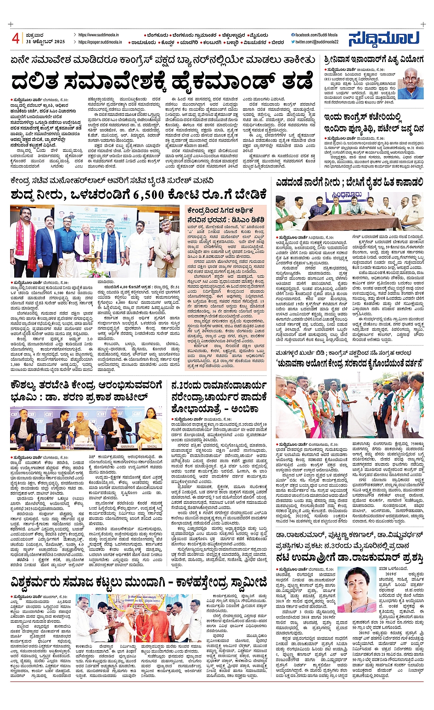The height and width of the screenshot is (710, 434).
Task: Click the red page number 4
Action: [16, 38]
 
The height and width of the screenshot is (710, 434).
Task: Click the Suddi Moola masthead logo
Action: [383, 39]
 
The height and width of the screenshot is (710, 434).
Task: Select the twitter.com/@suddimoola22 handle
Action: [317, 42]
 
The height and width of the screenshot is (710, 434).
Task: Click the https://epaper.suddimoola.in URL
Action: [100, 42]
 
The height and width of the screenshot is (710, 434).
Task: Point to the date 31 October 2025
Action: [45, 42]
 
